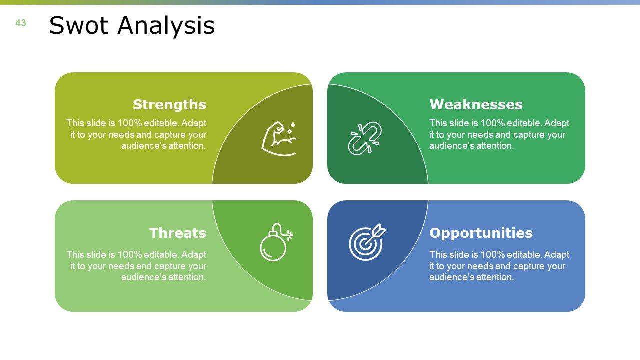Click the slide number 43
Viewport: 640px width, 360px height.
(21, 23)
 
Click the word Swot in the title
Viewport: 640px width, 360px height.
(79, 25)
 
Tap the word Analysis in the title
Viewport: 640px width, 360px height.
(166, 26)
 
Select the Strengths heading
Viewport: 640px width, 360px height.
(169, 104)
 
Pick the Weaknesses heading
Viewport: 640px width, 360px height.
(476, 104)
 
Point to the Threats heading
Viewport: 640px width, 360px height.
(177, 233)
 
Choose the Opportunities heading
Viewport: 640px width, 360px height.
(481, 233)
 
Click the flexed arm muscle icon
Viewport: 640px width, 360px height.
(279, 139)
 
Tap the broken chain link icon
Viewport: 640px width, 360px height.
(365, 139)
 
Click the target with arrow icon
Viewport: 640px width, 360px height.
(367, 242)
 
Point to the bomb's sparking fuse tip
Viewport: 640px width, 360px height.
(289, 235)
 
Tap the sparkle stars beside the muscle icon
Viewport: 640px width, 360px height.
(291, 128)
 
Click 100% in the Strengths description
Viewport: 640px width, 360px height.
(129, 123)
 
